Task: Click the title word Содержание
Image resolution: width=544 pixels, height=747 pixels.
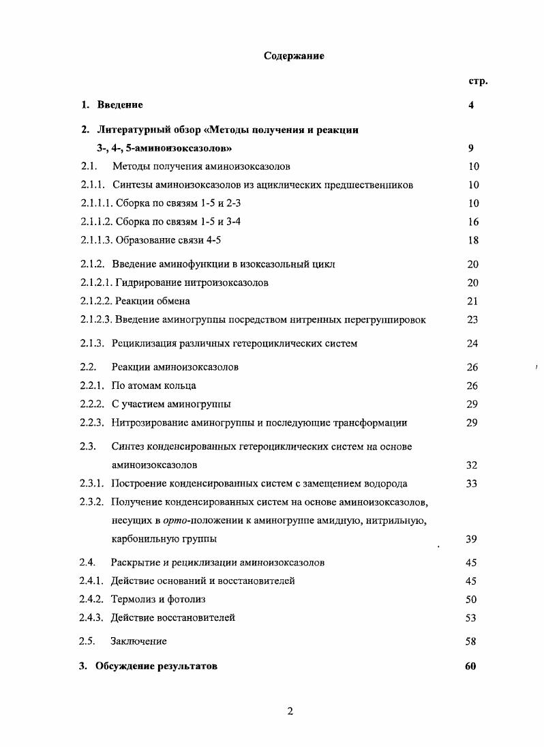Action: pyautogui.click(x=294, y=56)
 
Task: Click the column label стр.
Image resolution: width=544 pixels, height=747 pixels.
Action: pyautogui.click(x=477, y=81)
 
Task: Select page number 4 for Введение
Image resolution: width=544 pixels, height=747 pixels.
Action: pyautogui.click(x=471, y=105)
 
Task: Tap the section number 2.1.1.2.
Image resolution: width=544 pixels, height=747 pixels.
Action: pyautogui.click(x=97, y=222)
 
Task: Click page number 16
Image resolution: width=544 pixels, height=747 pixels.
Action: pyautogui.click(x=473, y=222)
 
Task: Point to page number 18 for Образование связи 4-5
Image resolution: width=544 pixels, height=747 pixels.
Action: pyautogui.click(x=473, y=240)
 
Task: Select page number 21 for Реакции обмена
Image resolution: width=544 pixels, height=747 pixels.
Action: pyautogui.click(x=473, y=301)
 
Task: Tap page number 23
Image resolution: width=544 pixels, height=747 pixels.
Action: pyautogui.click(x=473, y=319)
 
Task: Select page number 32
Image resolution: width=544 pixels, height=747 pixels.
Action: pyautogui.click(x=471, y=465)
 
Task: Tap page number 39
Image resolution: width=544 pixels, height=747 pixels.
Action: pyautogui.click(x=471, y=539)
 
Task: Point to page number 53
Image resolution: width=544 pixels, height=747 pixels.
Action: pyautogui.click(x=471, y=617)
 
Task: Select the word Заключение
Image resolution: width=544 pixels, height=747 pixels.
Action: pyautogui.click(x=138, y=641)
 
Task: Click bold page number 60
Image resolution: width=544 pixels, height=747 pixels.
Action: pyautogui.click(x=470, y=666)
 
